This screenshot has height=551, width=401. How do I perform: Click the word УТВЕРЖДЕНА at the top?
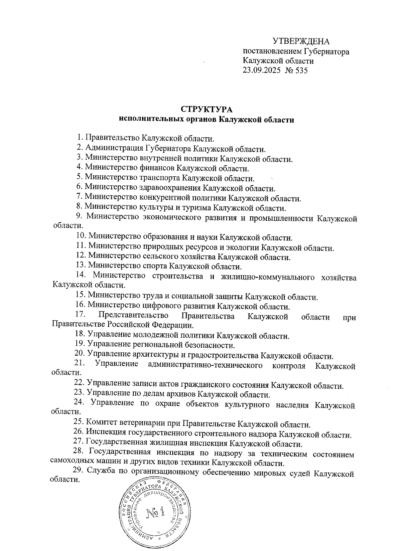(x=301, y=41)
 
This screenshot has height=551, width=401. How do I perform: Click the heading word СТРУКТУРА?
(x=207, y=110)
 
